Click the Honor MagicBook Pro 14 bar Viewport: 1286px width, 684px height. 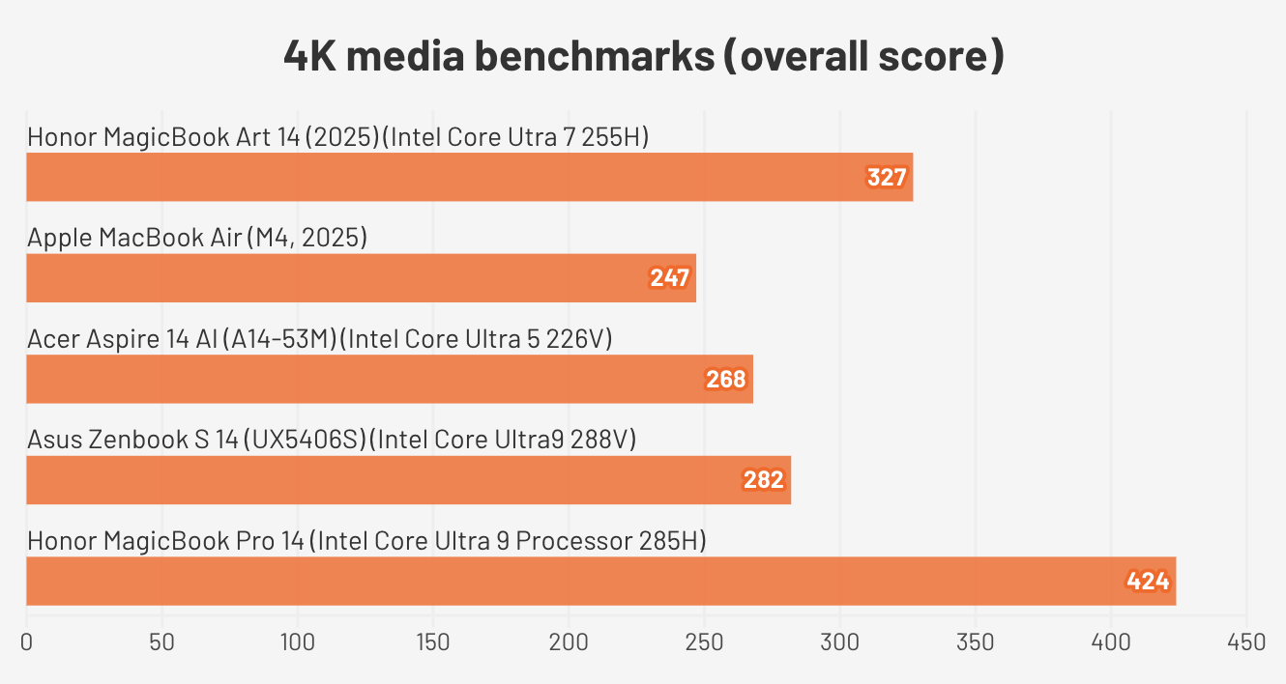(600, 581)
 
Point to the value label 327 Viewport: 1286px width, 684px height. (887, 178)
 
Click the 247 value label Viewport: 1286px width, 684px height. (669, 279)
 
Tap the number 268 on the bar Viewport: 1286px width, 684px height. (726, 380)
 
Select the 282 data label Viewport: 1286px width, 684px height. (764, 480)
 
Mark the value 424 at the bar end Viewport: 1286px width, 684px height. (1149, 582)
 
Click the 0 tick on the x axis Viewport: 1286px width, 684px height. (26, 641)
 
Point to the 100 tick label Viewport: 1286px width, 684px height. (298, 641)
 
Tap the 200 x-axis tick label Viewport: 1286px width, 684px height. (569, 641)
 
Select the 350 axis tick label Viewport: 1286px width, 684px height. (976, 641)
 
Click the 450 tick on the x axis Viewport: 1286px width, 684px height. (1246, 641)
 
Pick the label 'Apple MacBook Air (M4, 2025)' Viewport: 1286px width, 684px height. (197, 238)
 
